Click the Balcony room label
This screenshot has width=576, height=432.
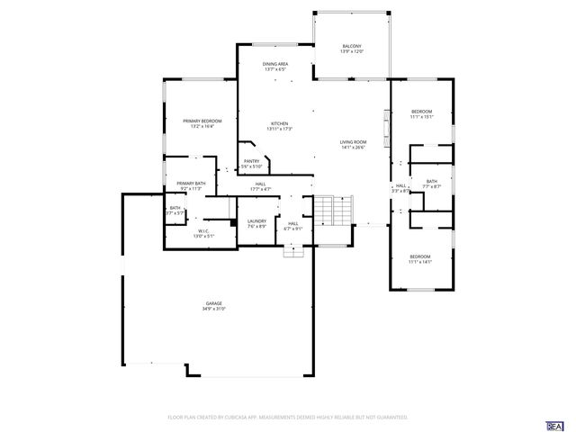352,46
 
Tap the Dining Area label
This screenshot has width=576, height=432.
275,64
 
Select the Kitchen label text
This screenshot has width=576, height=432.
279,123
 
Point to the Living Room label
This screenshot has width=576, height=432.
353,142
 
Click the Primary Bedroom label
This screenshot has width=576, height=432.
202,121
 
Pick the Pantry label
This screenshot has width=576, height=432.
251,161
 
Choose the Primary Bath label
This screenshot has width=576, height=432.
191,184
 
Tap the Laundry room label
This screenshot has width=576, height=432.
256,220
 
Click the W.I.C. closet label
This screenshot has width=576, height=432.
203,230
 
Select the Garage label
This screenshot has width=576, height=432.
213,303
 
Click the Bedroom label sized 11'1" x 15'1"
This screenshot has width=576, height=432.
421,111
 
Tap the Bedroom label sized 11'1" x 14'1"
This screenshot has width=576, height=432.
420,256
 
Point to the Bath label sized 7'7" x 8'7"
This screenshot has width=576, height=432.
432,182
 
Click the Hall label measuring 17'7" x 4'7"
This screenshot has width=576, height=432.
260,184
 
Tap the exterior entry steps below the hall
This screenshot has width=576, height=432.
294,252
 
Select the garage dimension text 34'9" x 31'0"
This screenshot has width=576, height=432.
213,309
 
